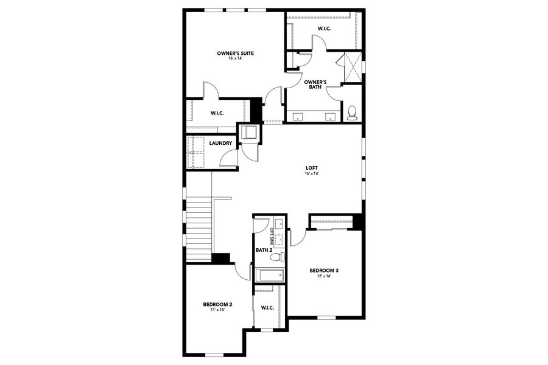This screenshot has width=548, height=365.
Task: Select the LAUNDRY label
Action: coord(220,144)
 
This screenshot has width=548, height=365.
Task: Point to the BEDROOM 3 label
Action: coord(323,271)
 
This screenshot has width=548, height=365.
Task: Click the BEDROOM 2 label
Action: coord(217,304)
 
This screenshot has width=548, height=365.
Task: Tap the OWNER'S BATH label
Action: coord(315,85)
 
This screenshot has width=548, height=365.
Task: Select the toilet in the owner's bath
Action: coord(351,113)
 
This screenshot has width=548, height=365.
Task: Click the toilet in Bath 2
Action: coord(276,257)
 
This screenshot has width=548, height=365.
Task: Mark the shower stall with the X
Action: coord(353,67)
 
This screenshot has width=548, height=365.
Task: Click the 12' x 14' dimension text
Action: coord(323,277)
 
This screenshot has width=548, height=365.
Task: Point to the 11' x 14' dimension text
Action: coord(217,310)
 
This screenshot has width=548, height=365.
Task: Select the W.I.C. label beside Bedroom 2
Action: coord(267,307)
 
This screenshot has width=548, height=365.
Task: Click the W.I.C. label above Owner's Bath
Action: coord(323,29)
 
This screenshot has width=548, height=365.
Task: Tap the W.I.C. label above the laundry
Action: coord(217,113)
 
